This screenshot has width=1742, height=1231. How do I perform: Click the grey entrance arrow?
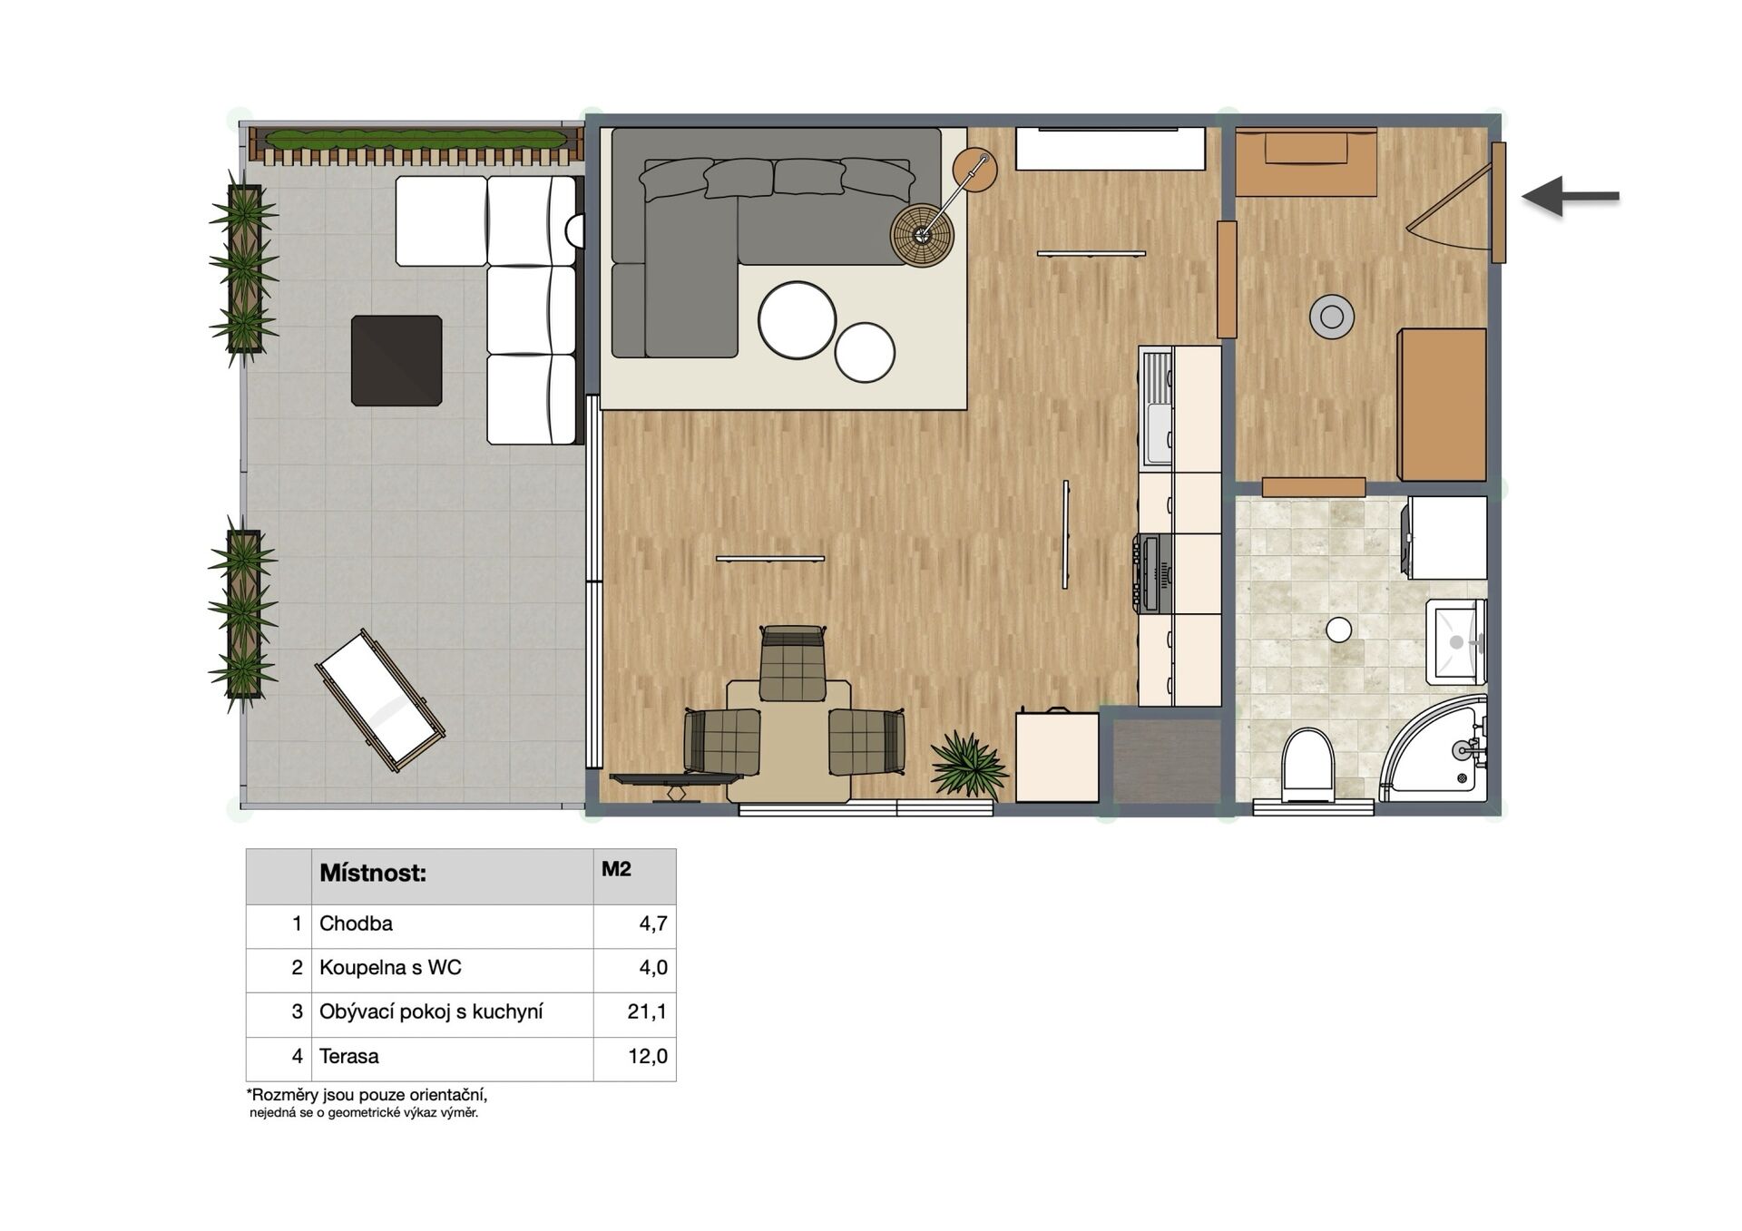pyautogui.click(x=1570, y=196)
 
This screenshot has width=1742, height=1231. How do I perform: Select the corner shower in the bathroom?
pyautogui.click(x=1434, y=749)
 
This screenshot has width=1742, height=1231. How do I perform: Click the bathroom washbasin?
pyautogui.click(x=1456, y=641)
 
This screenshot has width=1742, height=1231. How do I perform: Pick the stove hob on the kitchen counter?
pyautogui.click(x=1152, y=573)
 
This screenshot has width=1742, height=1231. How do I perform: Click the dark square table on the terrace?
pyautogui.click(x=396, y=360)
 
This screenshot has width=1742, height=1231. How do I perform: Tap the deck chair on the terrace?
pyautogui.click(x=380, y=700)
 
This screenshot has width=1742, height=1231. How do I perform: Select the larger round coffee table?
pyautogui.click(x=797, y=320)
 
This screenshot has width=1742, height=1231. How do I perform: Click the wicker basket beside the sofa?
pyautogui.click(x=922, y=235)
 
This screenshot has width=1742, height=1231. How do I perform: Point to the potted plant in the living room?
pyautogui.click(x=967, y=765)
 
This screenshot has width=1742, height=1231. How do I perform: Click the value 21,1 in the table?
pyautogui.click(x=647, y=1011)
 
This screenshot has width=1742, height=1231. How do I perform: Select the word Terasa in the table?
pyautogui.click(x=349, y=1056)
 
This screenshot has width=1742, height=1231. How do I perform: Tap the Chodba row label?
pyautogui.click(x=356, y=923)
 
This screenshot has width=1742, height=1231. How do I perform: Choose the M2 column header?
pyautogui.click(x=616, y=869)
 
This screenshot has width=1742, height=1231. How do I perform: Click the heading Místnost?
pyautogui.click(x=373, y=874)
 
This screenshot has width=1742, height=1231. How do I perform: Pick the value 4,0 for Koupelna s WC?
pyautogui.click(x=653, y=968)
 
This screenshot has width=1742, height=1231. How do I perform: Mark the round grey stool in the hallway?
pyautogui.click(x=1332, y=317)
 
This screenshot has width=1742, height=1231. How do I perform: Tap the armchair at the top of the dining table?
pyautogui.click(x=793, y=663)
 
